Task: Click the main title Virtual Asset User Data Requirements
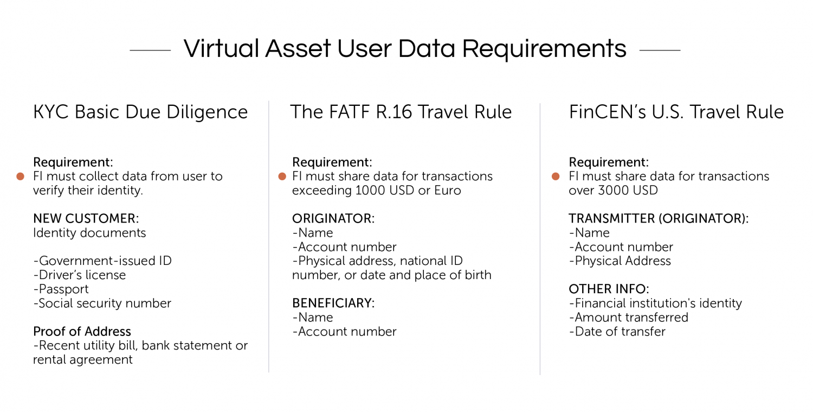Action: click(405, 49)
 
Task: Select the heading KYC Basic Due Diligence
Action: click(140, 112)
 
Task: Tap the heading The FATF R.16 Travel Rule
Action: click(401, 112)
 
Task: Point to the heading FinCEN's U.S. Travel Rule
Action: click(676, 112)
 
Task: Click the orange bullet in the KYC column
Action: click(21, 176)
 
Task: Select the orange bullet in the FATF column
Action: click(282, 176)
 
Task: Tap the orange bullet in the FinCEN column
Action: click(556, 176)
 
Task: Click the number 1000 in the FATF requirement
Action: click(370, 191)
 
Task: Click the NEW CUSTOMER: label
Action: click(86, 219)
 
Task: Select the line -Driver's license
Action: click(79, 275)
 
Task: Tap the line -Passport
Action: click(61, 289)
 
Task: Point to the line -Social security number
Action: click(102, 303)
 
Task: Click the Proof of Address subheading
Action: click(82, 332)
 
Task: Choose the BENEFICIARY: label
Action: click(333, 303)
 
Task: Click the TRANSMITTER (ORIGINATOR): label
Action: click(659, 219)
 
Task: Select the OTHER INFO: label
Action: click(609, 289)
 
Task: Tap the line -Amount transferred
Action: click(628, 318)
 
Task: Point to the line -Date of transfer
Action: click(617, 332)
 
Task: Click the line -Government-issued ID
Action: click(102, 261)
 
